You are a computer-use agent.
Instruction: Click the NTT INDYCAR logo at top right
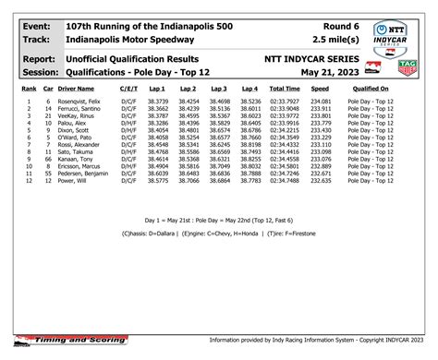pos(395,35)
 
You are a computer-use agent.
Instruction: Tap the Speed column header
pos(320,88)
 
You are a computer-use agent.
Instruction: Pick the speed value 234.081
pos(321,101)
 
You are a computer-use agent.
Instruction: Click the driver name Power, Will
pos(75,182)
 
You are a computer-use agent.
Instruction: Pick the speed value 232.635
pos(321,182)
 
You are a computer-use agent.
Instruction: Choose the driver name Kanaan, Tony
pos(77,160)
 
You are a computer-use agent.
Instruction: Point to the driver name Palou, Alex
pos(74,123)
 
